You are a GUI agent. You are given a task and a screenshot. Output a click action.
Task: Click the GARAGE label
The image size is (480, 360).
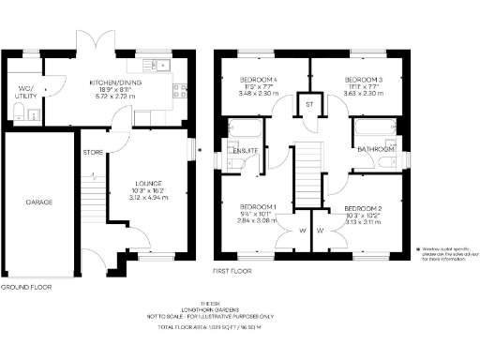click(38, 202)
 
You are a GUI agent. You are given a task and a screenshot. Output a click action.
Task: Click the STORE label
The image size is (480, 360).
click(92, 152)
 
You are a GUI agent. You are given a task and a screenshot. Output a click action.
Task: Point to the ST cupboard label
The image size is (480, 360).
click(308, 103)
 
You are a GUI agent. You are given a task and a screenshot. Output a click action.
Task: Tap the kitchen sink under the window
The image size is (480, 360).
click(160, 65)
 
